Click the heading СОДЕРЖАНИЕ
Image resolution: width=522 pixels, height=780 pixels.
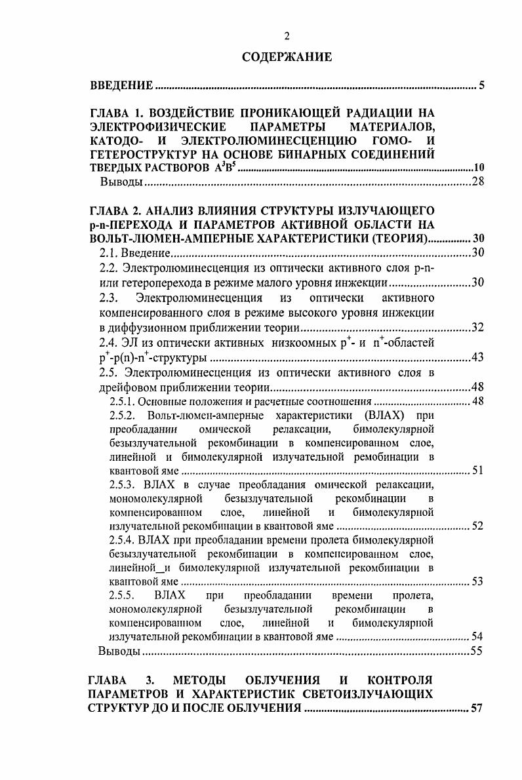pyautogui.click(x=287, y=57)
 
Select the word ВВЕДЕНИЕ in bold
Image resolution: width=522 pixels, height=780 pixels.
pyautogui.click(x=121, y=86)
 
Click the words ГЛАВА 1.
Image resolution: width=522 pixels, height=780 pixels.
pyautogui.click(x=115, y=112)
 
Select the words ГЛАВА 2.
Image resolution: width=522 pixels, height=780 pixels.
pyautogui.click(x=116, y=210)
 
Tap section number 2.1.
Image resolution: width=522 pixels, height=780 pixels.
pyautogui.click(x=108, y=253)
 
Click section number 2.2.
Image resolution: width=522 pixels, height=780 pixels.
pyautogui.click(x=108, y=268)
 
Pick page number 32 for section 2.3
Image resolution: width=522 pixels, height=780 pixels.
pyautogui.click(x=477, y=328)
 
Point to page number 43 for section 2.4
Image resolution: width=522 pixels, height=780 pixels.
pyautogui.click(x=477, y=358)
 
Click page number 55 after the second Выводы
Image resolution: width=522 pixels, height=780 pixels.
pyautogui.click(x=477, y=652)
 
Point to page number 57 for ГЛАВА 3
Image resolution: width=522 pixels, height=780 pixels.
pyautogui.click(x=477, y=709)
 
